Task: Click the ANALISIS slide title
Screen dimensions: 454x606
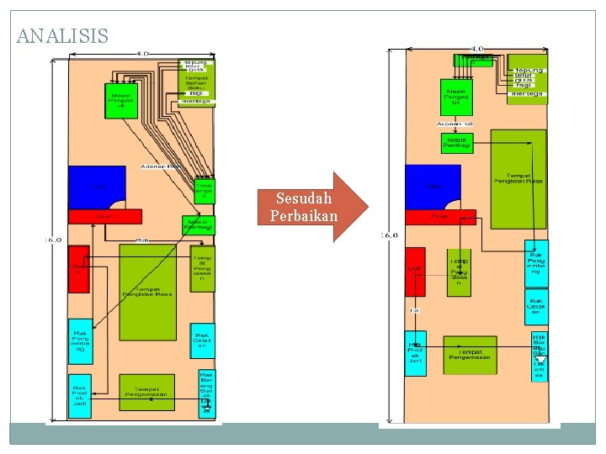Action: tap(62, 36)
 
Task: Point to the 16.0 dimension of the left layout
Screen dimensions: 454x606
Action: tap(53, 240)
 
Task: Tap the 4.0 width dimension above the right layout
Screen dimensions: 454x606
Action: tap(476, 49)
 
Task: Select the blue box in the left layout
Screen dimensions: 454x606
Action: tap(95, 186)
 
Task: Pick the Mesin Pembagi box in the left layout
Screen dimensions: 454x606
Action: tap(199, 224)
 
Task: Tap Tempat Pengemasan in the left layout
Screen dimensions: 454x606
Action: tap(146, 392)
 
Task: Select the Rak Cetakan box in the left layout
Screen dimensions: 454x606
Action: tap(202, 340)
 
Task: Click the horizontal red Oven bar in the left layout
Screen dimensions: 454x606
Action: tap(104, 216)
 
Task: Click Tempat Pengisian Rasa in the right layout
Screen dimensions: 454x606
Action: tap(518, 177)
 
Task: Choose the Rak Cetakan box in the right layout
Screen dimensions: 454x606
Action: tap(536, 306)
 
